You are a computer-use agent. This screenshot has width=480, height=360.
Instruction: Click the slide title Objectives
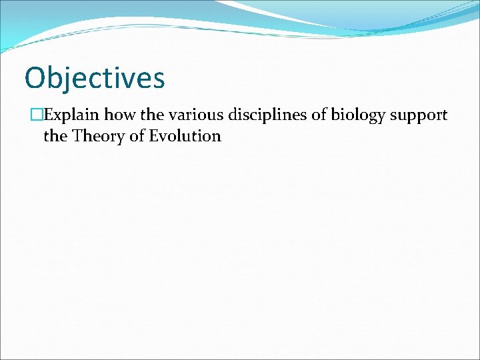click(94, 78)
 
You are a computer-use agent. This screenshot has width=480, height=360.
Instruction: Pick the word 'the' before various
click(153, 115)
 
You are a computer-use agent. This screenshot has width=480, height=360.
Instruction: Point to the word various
click(195, 115)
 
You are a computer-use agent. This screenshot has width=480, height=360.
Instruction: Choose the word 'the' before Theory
click(55, 137)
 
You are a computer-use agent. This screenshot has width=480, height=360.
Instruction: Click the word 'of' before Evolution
click(135, 137)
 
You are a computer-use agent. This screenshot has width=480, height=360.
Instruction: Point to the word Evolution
click(184, 137)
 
